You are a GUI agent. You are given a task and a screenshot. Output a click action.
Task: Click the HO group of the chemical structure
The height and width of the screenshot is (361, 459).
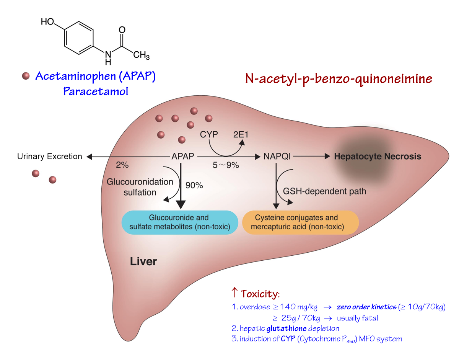[x=47, y=21]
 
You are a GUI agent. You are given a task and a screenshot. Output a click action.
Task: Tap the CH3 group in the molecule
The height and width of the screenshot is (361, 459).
[x=141, y=56]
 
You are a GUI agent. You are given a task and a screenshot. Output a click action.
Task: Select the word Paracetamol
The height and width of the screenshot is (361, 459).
[x=96, y=92]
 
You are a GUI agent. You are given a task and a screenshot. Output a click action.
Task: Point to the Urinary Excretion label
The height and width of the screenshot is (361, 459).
[x=50, y=157]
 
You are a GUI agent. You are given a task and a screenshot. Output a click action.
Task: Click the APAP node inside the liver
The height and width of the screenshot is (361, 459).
[x=182, y=157]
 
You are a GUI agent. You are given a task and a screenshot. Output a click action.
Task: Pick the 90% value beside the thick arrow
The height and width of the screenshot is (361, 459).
[x=194, y=186]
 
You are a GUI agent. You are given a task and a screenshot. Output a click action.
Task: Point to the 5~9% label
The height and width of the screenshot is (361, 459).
[x=226, y=165]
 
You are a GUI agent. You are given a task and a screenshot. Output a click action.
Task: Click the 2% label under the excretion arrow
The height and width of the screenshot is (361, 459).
[x=122, y=165]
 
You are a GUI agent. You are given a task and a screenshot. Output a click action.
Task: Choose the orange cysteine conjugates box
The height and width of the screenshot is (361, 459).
[x=300, y=222]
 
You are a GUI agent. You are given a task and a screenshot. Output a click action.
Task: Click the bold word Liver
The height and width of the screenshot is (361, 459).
[x=143, y=262]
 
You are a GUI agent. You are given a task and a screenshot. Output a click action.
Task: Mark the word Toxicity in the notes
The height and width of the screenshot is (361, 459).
[x=260, y=294]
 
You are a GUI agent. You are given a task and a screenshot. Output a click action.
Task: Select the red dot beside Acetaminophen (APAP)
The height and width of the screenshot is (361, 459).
[x=26, y=76]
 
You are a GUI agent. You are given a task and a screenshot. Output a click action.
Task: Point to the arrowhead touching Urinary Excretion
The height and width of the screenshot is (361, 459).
[x=89, y=157]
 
